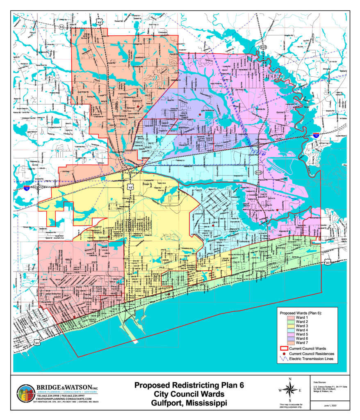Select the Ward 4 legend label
pyautogui.click(x=301, y=330)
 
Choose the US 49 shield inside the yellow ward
pyautogui.click(x=130, y=187)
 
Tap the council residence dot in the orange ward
pyautogui.click(x=139, y=106)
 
